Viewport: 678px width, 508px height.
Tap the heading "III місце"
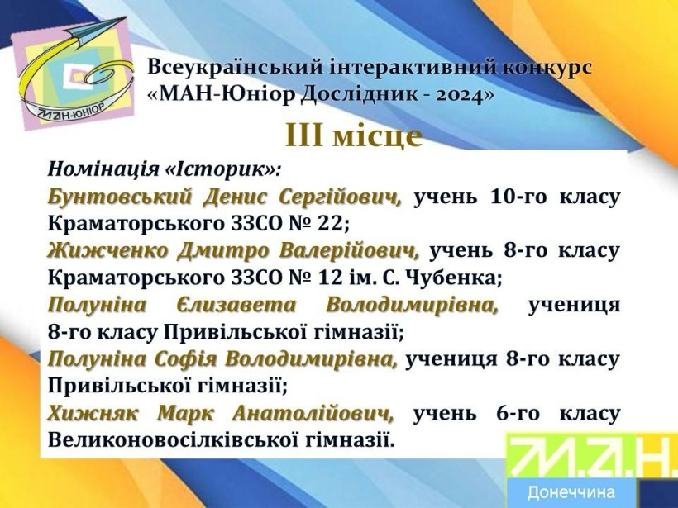coord(354,136)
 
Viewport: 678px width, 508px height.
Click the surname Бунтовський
coord(119,197)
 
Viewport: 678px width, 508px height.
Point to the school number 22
coord(332,224)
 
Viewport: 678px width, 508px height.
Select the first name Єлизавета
coord(236,306)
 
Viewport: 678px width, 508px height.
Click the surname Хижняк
coord(93,414)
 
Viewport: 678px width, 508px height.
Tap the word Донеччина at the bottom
coord(571,492)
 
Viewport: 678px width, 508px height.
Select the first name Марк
coord(185,414)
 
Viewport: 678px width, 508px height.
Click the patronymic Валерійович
coord(349,251)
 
